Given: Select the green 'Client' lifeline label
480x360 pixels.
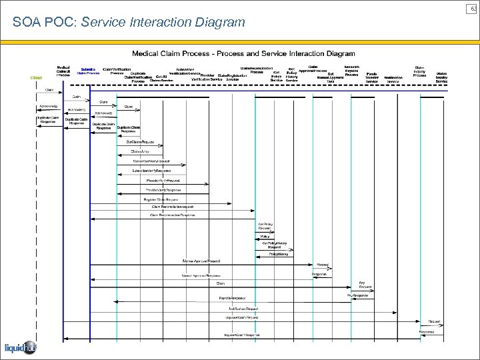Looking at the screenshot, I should pyautogui.click(x=36, y=77).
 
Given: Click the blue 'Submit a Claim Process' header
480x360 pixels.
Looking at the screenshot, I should pyautogui.click(x=88, y=71).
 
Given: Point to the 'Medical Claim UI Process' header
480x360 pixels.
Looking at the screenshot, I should pyautogui.click(x=63, y=71).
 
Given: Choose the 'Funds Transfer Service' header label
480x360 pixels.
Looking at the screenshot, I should pyautogui.click(x=372, y=77).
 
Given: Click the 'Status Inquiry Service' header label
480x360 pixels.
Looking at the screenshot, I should pyautogui.click(x=441, y=77).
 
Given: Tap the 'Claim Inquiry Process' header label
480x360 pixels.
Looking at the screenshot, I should pyautogui.click(x=419, y=71).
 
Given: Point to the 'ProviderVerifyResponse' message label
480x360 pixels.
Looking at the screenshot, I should pyautogui.click(x=163, y=190).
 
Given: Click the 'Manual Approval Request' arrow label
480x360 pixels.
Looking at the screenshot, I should pyautogui.click(x=201, y=261).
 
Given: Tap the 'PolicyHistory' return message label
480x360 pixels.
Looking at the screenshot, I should pyautogui.click(x=279, y=254).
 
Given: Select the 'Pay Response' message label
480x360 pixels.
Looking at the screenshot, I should pyautogui.click(x=357, y=295).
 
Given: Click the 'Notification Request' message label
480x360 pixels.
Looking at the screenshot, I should pyautogui.click(x=243, y=309).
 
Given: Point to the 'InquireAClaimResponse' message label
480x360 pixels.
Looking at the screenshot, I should pyautogui.click(x=242, y=335).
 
